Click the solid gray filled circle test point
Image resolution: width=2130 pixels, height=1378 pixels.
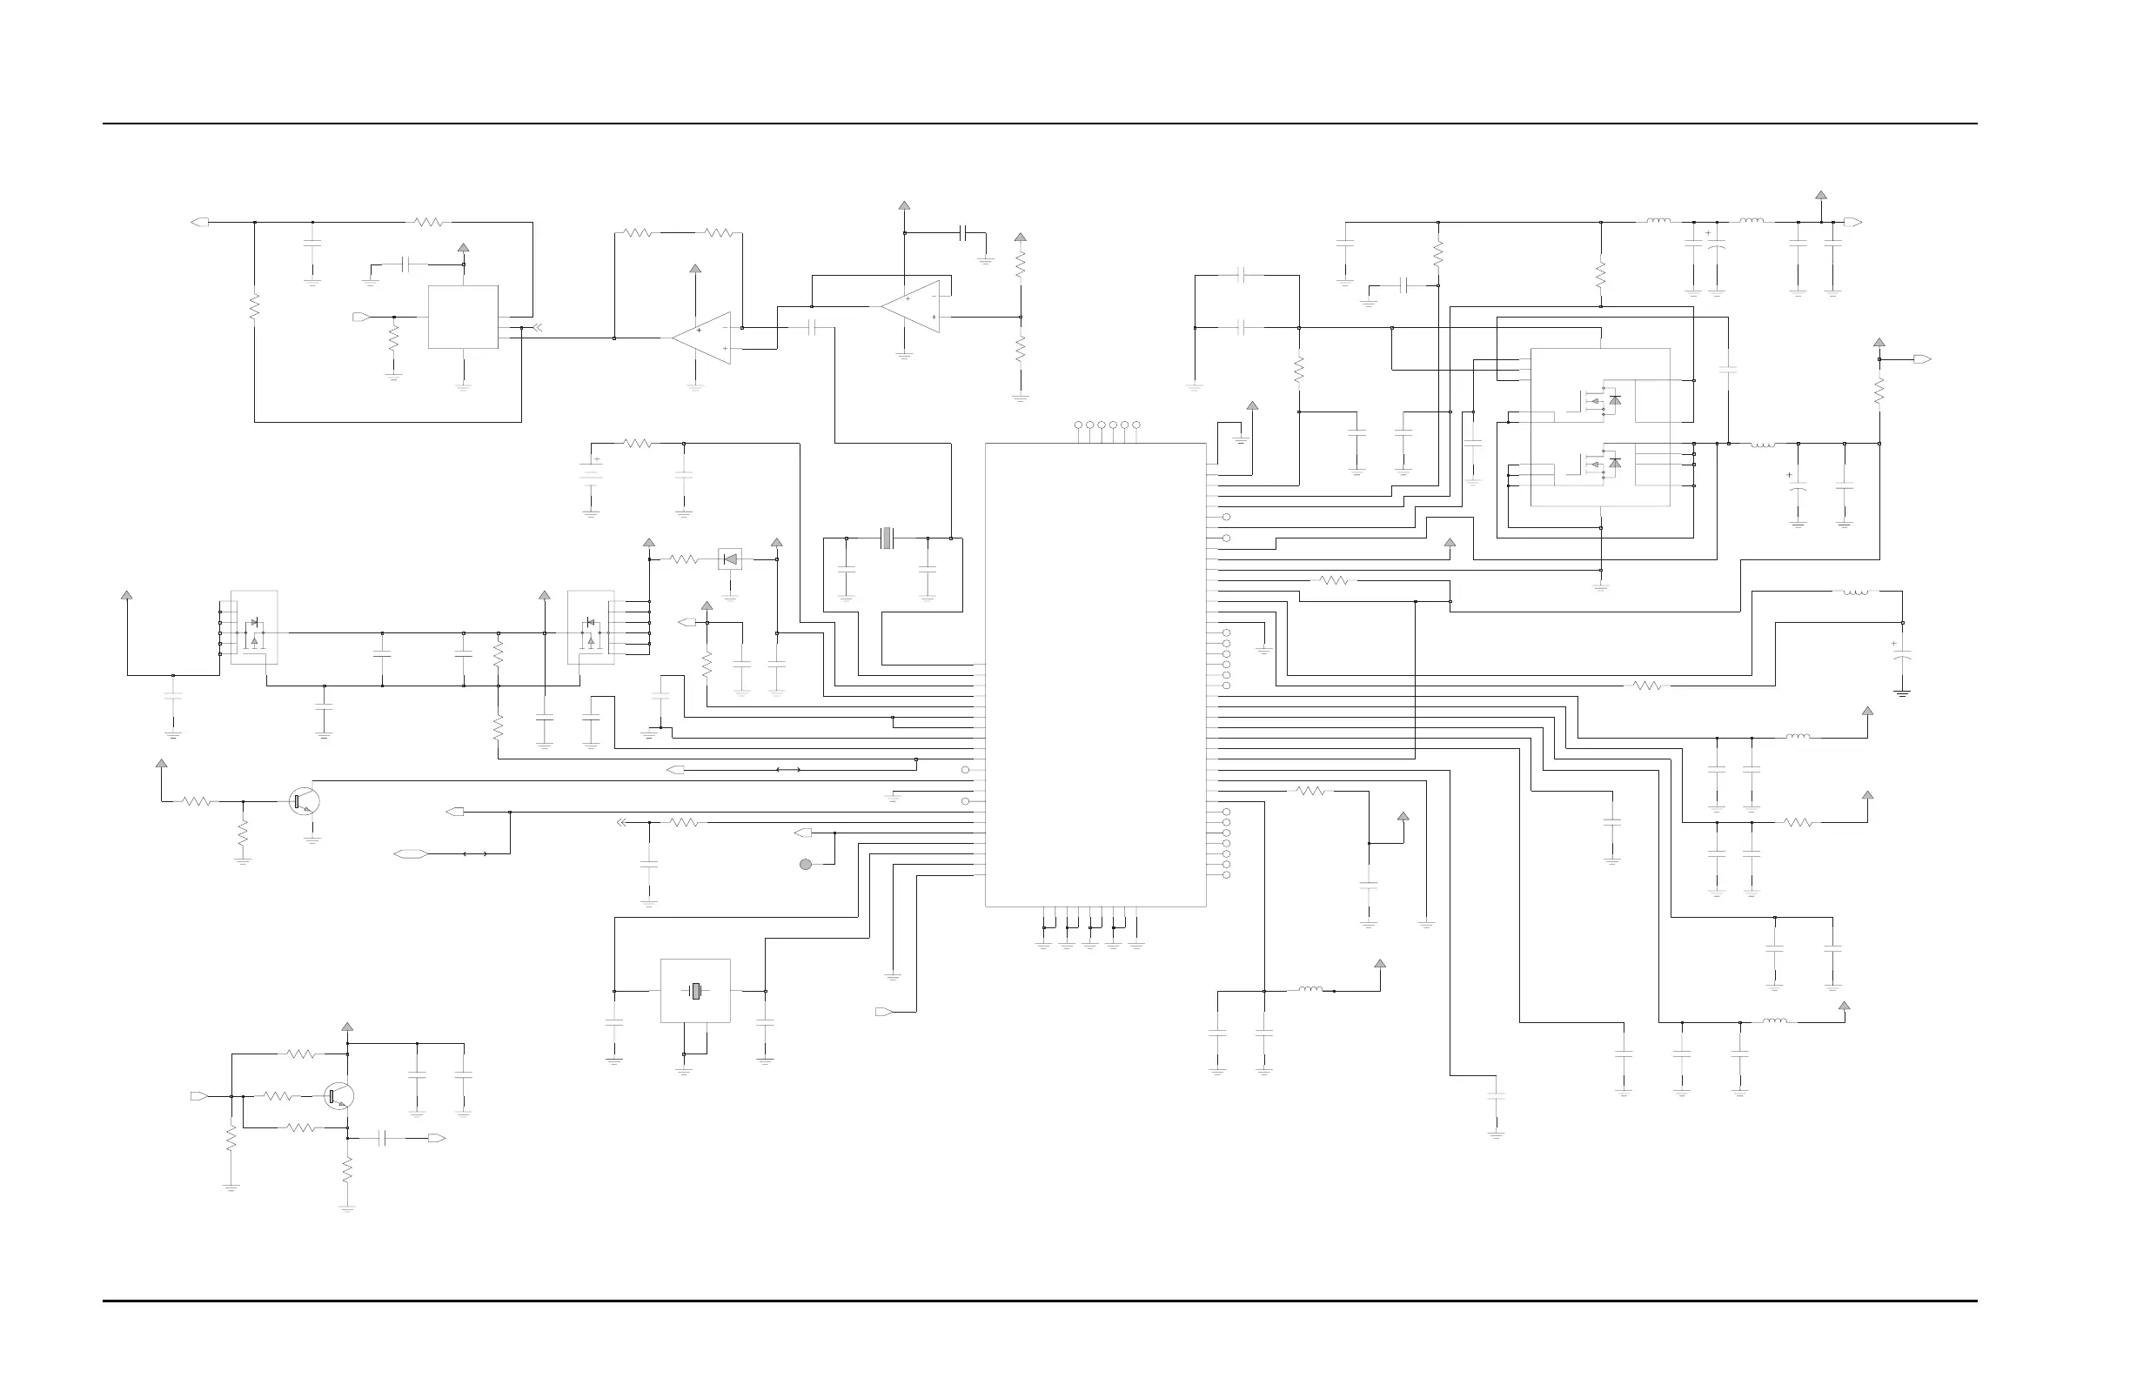point(806,865)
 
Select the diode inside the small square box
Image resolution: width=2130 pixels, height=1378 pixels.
point(730,560)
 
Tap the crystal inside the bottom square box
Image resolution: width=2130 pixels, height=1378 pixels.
point(695,992)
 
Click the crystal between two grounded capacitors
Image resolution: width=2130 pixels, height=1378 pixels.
point(887,538)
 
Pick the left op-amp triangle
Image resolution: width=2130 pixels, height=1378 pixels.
point(702,338)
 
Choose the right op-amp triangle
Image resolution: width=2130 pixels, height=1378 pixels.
point(911,307)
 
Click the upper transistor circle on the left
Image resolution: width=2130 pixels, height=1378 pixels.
point(305,801)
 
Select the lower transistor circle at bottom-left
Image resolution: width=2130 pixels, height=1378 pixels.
point(339,1096)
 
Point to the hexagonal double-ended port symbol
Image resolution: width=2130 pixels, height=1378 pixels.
point(408,853)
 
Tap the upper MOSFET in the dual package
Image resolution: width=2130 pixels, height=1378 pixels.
point(1601,400)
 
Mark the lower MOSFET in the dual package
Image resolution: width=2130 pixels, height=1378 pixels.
point(1601,464)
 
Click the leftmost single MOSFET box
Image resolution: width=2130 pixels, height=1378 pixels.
point(254,627)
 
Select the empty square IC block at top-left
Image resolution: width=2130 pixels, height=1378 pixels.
point(463,317)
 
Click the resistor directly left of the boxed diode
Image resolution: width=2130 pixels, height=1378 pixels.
point(684,560)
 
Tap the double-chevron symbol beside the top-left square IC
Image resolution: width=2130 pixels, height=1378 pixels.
point(536,327)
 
